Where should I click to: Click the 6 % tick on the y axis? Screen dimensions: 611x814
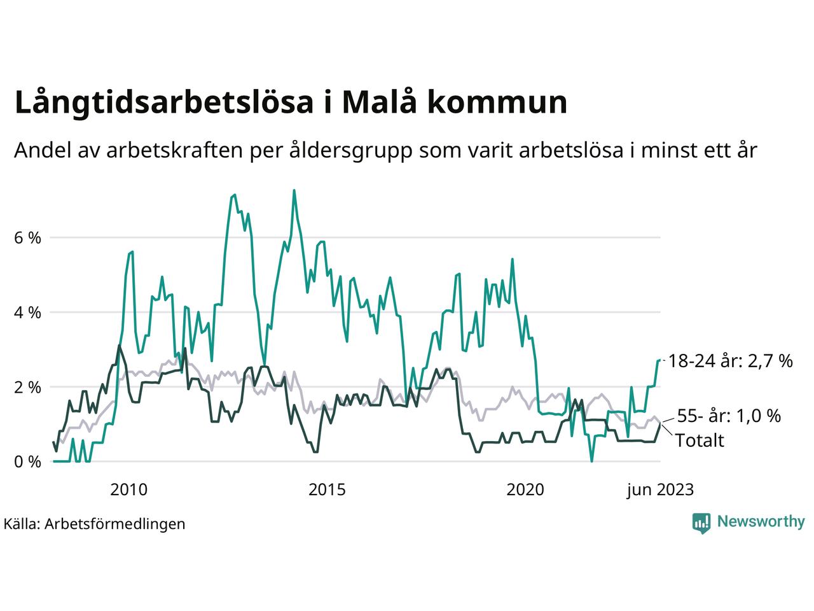(x=27, y=238)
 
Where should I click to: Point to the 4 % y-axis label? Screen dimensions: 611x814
(x=27, y=313)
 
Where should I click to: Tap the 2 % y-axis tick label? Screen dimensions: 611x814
(x=27, y=387)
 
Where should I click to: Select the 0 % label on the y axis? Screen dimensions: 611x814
(x=27, y=461)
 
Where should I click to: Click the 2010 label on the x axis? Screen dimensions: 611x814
(x=128, y=489)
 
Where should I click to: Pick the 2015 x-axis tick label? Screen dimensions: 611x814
(x=327, y=489)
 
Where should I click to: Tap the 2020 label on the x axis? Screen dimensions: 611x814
(x=525, y=489)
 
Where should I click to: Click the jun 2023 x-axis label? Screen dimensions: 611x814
(x=659, y=489)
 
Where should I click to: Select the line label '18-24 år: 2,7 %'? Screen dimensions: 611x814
(x=730, y=362)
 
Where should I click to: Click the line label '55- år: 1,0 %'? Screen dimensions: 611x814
(x=728, y=416)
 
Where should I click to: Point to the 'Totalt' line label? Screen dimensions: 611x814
(x=700, y=440)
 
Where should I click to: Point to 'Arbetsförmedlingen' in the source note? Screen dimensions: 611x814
(x=115, y=524)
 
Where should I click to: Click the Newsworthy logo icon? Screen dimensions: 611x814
(x=701, y=523)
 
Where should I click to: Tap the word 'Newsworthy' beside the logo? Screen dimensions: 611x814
(x=761, y=522)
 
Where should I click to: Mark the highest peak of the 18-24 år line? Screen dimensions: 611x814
(x=294, y=190)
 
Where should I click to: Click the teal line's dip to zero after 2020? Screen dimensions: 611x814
(x=592, y=460)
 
